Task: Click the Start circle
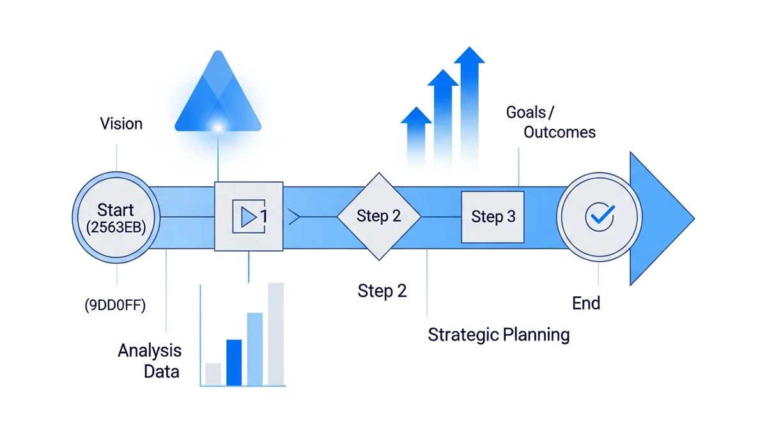coord(116,217)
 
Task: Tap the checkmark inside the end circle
coord(600,216)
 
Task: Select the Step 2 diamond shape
coord(378,216)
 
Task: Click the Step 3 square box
coord(493,217)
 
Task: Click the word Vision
coord(121,123)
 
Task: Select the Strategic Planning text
coord(499,334)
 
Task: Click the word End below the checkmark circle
coord(586,303)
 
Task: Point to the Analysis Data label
coord(150,360)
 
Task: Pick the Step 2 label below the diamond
coord(382,291)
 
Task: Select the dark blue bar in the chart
coord(235,362)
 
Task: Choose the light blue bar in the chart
coord(254,349)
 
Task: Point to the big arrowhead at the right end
coord(658,217)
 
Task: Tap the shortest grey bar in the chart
coord(213,374)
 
